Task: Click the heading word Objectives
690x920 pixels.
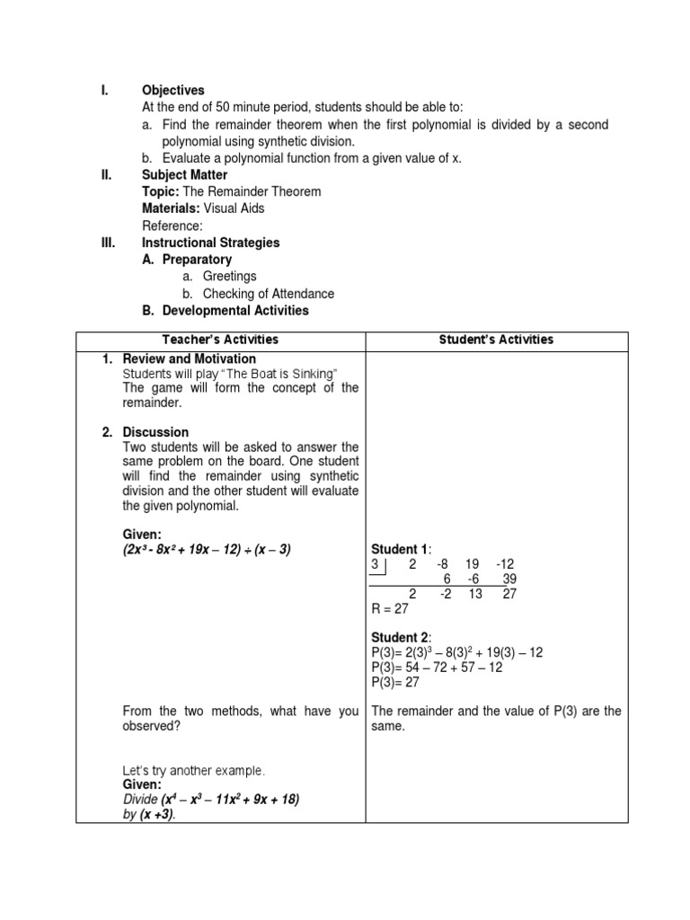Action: point(172,91)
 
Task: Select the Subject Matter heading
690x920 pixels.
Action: point(184,175)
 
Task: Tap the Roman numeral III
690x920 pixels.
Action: point(108,243)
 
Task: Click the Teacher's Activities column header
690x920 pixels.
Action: point(220,340)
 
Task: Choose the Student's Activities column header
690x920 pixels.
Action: point(496,340)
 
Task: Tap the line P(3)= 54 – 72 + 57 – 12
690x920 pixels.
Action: point(438,668)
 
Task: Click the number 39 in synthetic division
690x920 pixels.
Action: point(509,579)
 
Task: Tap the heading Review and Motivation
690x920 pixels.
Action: point(189,359)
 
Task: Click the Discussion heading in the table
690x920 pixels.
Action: point(155,432)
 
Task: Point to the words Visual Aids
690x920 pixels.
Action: point(234,208)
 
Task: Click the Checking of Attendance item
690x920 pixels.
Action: point(268,294)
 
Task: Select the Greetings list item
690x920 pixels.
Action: point(229,277)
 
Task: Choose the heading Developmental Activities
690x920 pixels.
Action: point(234,311)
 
